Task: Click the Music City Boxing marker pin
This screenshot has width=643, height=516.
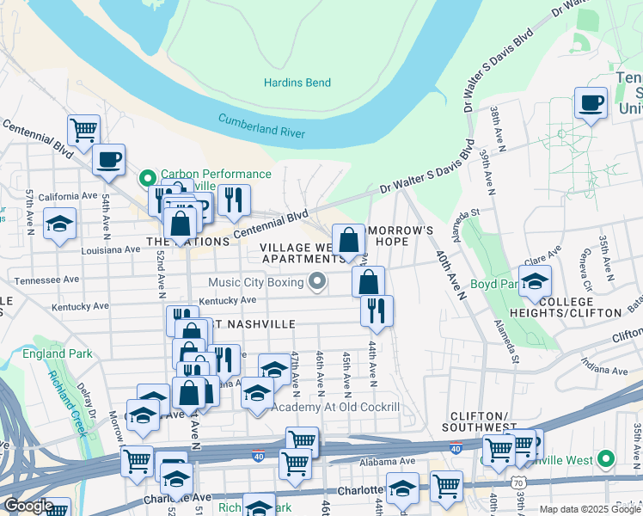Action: tap(317, 281)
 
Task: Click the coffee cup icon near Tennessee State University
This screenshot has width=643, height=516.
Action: tap(591, 104)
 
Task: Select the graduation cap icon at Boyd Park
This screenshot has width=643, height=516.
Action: tap(534, 281)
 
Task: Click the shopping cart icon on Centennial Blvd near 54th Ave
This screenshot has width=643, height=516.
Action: tap(83, 131)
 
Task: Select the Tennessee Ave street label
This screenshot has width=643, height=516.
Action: tap(53, 280)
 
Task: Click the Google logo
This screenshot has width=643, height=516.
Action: tap(28, 506)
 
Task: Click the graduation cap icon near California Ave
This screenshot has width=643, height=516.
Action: tap(59, 224)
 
